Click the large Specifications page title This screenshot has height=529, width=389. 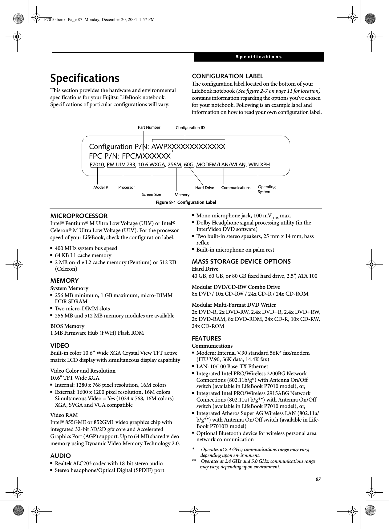85,78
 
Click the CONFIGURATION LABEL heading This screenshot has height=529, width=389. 227,76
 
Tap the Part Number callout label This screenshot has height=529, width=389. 149,127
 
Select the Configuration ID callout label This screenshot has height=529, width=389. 190,128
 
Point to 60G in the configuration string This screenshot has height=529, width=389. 189,164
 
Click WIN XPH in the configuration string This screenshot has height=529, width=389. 259,164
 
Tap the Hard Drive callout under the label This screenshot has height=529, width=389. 205,188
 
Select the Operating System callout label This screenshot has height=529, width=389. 266,189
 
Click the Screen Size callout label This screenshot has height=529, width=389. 151,194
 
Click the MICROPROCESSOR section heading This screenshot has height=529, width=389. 79,216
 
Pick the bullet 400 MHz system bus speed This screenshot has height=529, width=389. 86,248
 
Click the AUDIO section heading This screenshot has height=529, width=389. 60,456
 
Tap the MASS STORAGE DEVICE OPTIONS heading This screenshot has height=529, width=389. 241,261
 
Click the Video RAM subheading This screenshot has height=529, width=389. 64,415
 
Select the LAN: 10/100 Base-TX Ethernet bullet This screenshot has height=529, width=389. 232,366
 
